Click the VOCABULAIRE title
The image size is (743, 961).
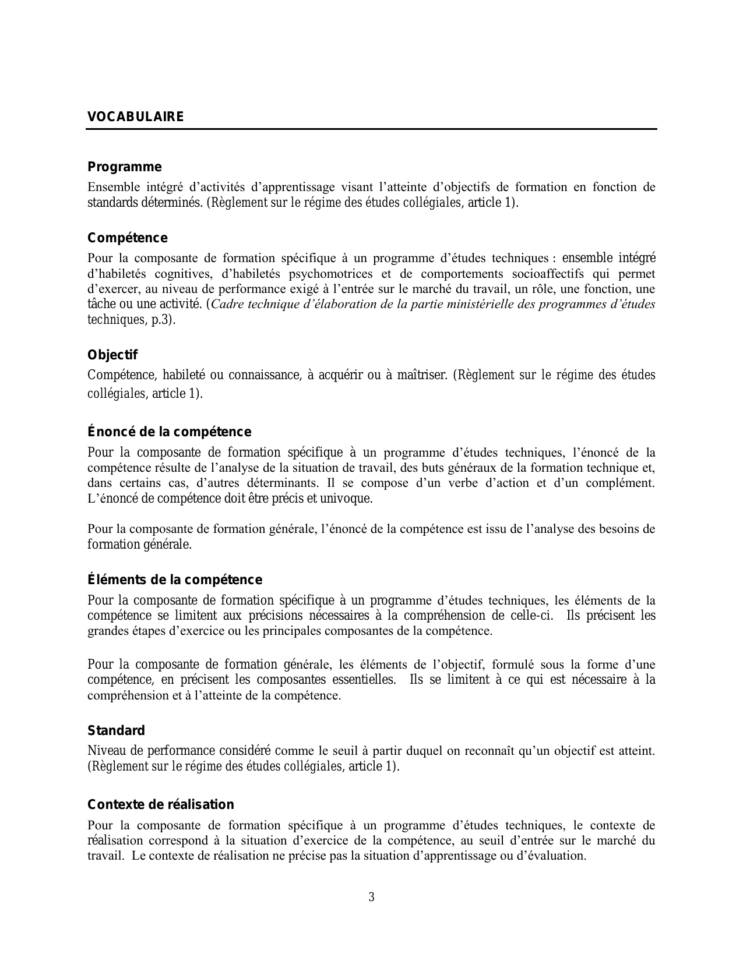tap(135, 117)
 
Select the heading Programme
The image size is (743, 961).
tap(124, 167)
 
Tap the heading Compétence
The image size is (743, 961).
tap(127, 238)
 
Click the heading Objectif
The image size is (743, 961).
tap(112, 355)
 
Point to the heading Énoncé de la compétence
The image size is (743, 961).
tap(169, 432)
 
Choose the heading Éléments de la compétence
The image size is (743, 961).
tap(175, 580)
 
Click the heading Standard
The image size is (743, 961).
tap(116, 731)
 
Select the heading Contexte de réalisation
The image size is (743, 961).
tap(161, 805)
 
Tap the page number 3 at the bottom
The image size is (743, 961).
tap(371, 897)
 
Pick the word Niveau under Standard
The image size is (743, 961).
tap(103, 751)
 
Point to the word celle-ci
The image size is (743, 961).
tap(529, 616)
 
